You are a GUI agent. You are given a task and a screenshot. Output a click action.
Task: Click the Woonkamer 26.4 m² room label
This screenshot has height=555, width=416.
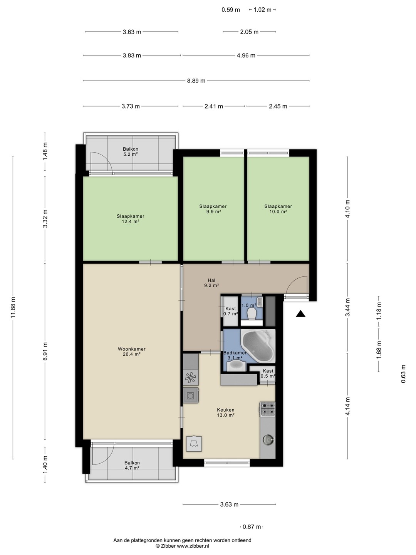pyautogui.click(x=132, y=351)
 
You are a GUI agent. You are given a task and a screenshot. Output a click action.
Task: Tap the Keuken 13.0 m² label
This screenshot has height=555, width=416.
pyautogui.click(x=226, y=412)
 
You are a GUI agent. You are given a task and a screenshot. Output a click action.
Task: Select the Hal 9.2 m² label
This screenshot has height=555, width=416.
pyautogui.click(x=211, y=283)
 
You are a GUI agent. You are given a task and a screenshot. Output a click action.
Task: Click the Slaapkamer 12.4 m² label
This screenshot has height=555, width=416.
pyautogui.click(x=130, y=219)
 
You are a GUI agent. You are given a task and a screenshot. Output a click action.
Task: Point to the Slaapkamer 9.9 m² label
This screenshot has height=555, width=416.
pyautogui.click(x=213, y=209)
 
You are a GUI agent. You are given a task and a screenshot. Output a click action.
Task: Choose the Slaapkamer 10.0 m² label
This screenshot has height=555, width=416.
pyautogui.click(x=278, y=209)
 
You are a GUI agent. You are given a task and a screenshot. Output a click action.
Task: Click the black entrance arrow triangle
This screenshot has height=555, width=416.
pyautogui.click(x=300, y=314)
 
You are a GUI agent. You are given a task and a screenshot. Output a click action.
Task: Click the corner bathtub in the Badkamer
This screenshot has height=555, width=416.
pyautogui.click(x=258, y=346)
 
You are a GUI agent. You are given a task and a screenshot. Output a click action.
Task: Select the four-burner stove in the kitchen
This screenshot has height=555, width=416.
pyautogui.click(x=267, y=409)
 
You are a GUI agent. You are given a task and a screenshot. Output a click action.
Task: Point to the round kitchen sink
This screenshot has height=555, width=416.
pyautogui.click(x=268, y=439)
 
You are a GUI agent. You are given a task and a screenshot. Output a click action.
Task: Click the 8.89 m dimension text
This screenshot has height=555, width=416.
pyautogui.click(x=196, y=81)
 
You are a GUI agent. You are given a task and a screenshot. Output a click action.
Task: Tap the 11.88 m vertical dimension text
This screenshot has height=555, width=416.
pyautogui.click(x=13, y=308)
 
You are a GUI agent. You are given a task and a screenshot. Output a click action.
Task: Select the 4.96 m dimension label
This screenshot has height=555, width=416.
pyautogui.click(x=246, y=55)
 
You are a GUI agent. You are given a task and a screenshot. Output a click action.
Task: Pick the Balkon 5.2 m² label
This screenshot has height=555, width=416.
pyautogui.click(x=131, y=151)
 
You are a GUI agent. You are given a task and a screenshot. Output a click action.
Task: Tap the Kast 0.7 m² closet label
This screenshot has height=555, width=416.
pyautogui.click(x=231, y=311)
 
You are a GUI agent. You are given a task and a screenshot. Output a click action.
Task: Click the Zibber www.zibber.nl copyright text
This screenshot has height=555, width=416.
pyautogui.click(x=182, y=546)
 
